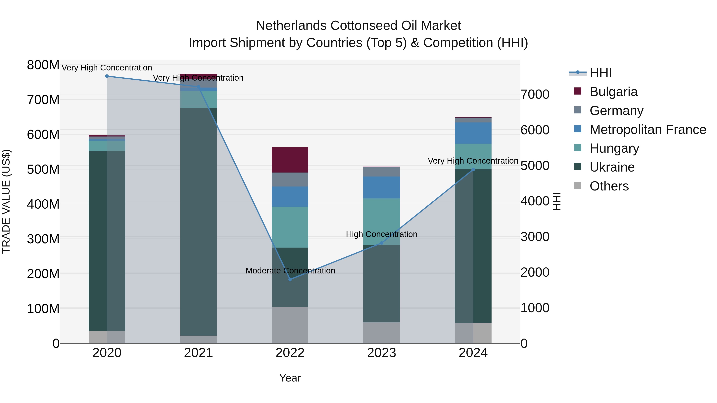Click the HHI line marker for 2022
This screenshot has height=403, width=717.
pyautogui.click(x=290, y=279)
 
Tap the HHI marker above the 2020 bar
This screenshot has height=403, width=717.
pyautogui.click(x=107, y=76)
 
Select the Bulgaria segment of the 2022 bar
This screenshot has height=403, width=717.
pyautogui.click(x=290, y=160)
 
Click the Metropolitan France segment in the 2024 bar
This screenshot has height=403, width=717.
pyautogui.click(x=473, y=133)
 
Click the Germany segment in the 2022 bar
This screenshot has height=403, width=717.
pyautogui.click(x=290, y=180)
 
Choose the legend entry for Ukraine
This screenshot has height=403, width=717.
pyautogui.click(x=612, y=167)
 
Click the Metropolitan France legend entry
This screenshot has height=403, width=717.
pyautogui.click(x=647, y=130)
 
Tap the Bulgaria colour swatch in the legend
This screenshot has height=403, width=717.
pyautogui.click(x=578, y=91)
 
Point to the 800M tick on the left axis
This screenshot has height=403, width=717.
pyautogui.click(x=43, y=65)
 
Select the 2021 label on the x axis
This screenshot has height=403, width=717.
pyautogui.click(x=198, y=353)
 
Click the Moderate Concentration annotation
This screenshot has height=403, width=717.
pyautogui.click(x=290, y=271)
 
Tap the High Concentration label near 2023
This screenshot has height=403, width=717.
pyautogui.click(x=382, y=234)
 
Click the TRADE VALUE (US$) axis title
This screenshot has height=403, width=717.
pyautogui.click(x=6, y=201)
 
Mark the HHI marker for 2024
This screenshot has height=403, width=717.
pyautogui.click(x=473, y=170)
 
